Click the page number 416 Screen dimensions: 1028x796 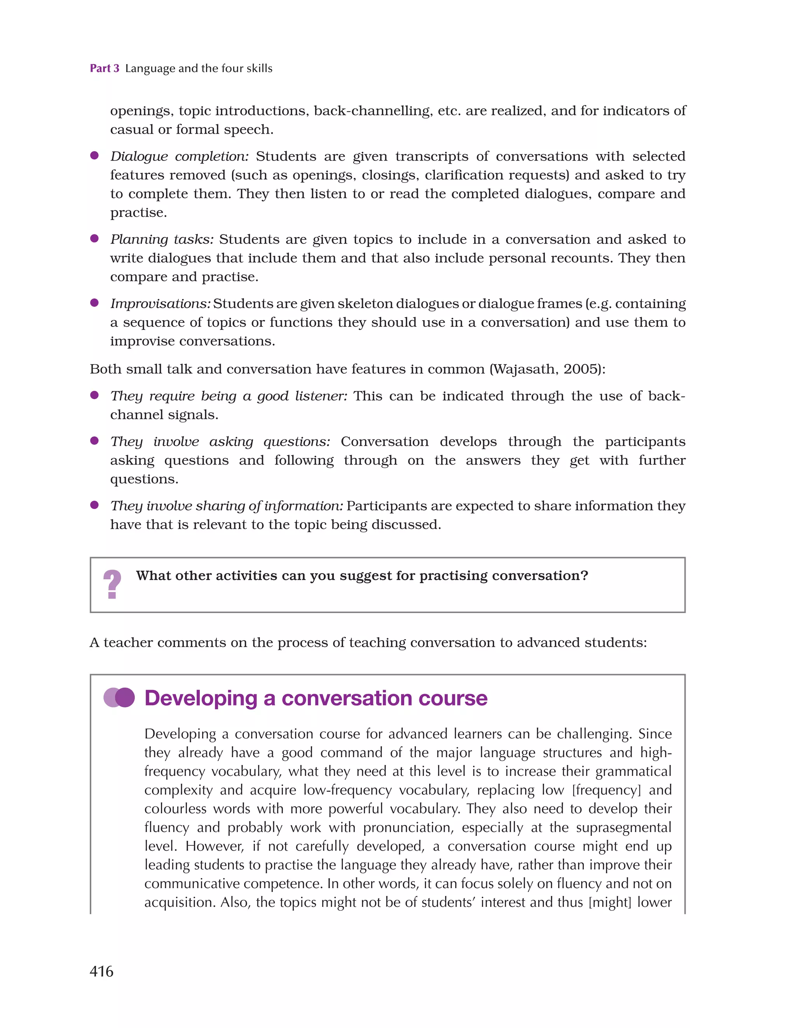[x=101, y=971]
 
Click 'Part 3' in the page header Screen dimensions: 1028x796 [x=105, y=68]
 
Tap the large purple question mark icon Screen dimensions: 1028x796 [x=112, y=584]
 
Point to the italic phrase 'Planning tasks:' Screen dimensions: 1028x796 [x=162, y=240]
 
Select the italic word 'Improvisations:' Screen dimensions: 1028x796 [x=160, y=303]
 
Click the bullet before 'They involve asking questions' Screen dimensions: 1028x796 [x=94, y=441]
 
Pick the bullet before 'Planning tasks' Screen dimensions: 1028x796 [x=94, y=239]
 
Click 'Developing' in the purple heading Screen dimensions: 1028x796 [x=201, y=698]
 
